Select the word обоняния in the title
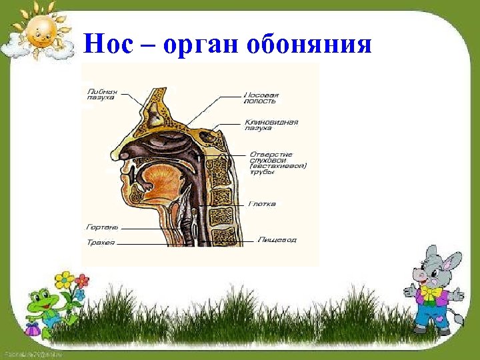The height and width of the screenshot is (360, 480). [309, 45]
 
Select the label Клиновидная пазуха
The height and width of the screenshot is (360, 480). [271, 125]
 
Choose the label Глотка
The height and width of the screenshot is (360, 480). [262, 203]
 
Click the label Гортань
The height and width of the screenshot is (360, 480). [102, 227]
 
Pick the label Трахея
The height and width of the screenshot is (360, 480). [101, 243]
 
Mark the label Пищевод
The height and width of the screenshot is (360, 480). [277, 239]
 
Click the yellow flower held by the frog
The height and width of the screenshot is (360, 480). [63, 279]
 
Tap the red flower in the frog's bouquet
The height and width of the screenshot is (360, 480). [82, 279]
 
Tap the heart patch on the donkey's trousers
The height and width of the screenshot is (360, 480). [441, 318]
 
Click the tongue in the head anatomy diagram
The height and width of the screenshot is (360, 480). [159, 183]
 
